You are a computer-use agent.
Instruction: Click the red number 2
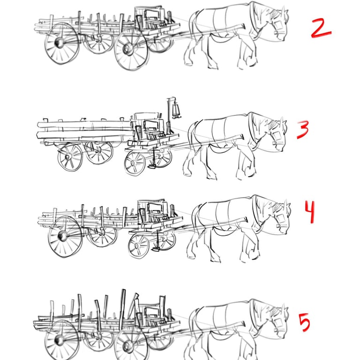[321, 28]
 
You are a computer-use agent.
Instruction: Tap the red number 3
[303, 130]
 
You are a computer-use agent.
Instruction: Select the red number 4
[310, 211]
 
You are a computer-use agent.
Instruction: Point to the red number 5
[304, 322]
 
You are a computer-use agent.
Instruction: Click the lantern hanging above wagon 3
[176, 110]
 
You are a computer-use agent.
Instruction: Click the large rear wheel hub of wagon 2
[59, 43]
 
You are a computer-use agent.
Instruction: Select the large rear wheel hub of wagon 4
[62, 236]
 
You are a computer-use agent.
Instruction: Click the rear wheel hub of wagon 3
[67, 157]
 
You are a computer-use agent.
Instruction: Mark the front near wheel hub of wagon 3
[134, 163]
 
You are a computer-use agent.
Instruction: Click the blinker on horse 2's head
[278, 25]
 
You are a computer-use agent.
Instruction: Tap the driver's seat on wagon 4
[157, 215]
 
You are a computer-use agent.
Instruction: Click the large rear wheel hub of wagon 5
[59, 340]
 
